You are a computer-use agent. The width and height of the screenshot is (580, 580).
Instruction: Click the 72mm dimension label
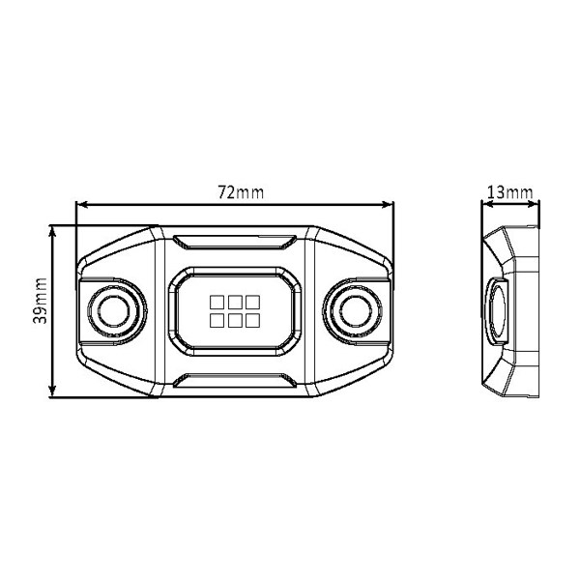[241, 192]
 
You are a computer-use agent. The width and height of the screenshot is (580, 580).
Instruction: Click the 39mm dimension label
[40, 301]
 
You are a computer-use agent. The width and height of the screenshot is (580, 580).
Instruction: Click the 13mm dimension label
[509, 192]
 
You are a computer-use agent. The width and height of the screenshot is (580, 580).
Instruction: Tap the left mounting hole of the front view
[114, 311]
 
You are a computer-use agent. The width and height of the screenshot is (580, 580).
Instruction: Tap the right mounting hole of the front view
[356, 311]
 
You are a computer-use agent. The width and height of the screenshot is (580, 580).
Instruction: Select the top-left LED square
[217, 302]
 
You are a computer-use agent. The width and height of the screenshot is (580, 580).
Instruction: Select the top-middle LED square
[235, 302]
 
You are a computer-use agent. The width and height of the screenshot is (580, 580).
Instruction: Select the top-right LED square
[252, 302]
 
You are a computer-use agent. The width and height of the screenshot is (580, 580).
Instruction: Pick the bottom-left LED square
[217, 320]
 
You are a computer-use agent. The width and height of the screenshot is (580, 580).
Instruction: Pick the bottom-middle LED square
[235, 320]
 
